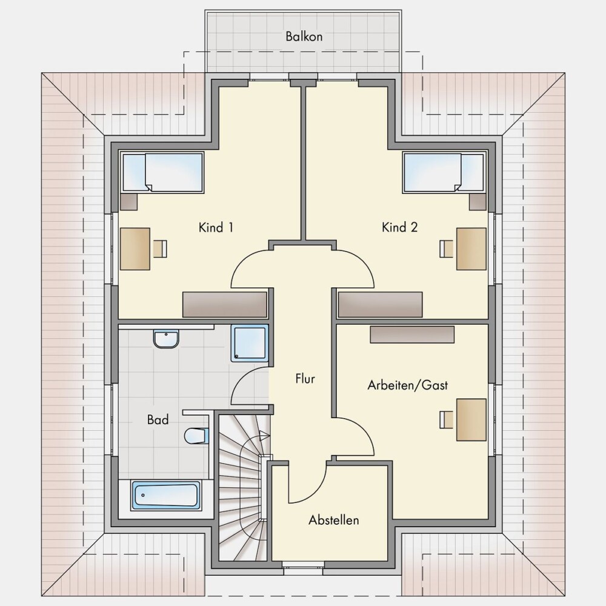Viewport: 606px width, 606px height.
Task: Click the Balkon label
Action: pos(304,36)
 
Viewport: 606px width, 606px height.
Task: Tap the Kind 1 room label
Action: pos(216,227)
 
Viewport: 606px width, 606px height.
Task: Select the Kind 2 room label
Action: pos(399,227)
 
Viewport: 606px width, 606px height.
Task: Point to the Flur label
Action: pos(305,378)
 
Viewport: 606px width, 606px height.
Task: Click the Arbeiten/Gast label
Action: pos(408,385)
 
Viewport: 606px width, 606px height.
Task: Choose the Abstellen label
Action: pos(333,520)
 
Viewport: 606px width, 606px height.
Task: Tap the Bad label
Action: pos(158,419)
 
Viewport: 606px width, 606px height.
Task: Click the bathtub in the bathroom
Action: pos(166,495)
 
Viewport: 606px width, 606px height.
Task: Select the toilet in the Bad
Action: pos(196,436)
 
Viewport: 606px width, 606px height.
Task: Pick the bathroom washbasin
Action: pos(166,339)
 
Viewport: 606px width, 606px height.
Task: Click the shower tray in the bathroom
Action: pos(250,343)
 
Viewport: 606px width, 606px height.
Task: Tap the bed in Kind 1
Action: pos(162,172)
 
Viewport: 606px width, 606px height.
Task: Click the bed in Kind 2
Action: pos(444,172)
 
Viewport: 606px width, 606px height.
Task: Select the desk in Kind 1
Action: pos(135,249)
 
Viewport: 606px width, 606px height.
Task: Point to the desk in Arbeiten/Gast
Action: pos(471,420)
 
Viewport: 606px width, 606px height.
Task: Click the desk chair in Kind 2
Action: pos(447,249)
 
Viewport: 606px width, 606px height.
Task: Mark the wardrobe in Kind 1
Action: pos(225,305)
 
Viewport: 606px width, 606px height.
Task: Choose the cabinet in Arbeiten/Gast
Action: pos(412,335)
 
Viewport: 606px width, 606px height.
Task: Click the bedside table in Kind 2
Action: pos(478,202)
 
